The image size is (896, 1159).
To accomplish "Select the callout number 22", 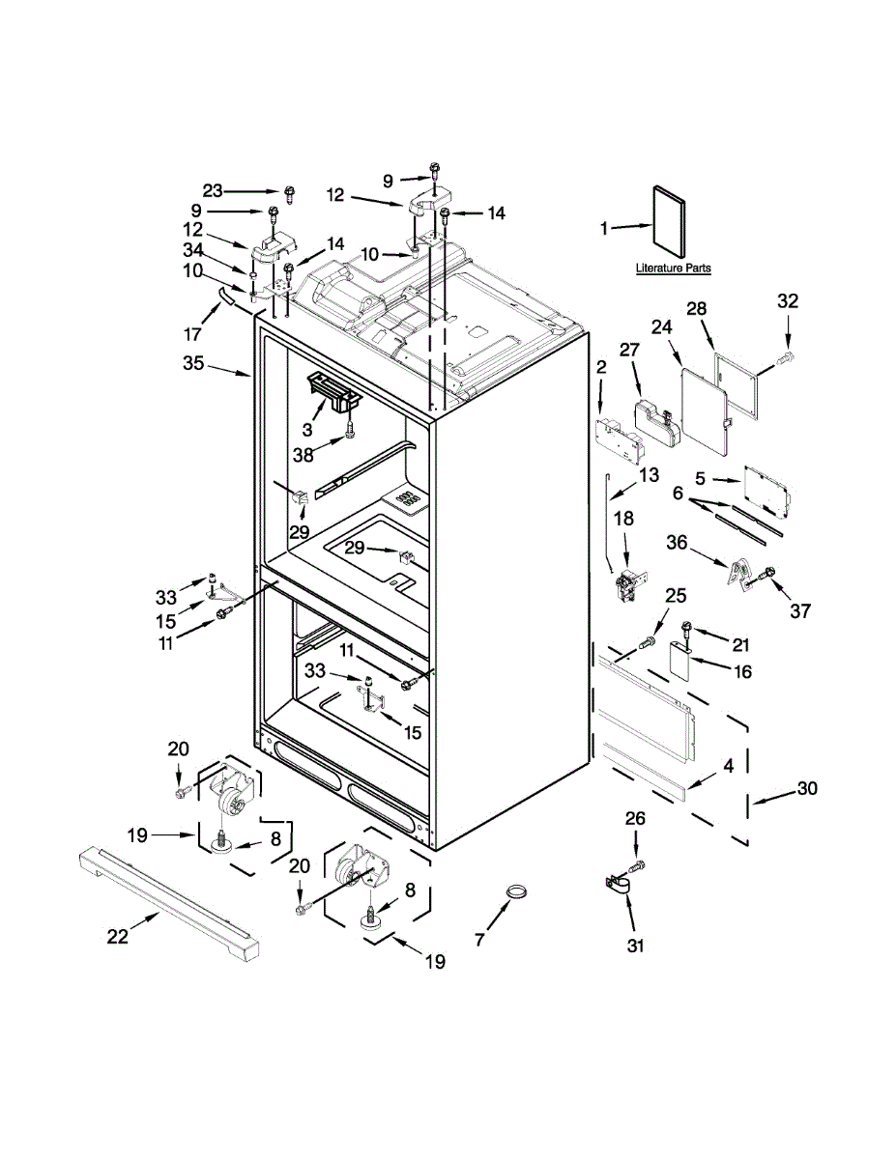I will click(117, 936).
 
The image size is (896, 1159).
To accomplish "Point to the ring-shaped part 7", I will click(519, 890).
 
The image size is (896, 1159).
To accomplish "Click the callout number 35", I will click(193, 364).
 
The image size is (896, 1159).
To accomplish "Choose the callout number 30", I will click(806, 789).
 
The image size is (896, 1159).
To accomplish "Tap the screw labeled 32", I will click(787, 359).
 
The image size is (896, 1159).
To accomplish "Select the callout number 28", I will click(697, 309).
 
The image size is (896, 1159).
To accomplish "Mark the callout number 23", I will click(213, 190).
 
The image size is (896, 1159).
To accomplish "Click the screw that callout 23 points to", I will click(289, 191).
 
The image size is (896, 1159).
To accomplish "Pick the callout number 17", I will click(193, 335).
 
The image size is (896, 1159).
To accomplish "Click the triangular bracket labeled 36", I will click(738, 574).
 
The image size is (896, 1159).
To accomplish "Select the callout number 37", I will click(799, 610).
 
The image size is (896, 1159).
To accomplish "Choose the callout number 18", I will click(624, 519).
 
